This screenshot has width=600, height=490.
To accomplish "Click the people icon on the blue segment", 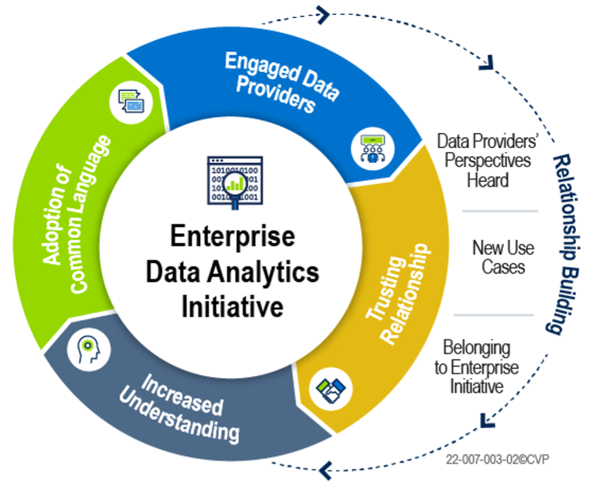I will coord(372,147).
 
